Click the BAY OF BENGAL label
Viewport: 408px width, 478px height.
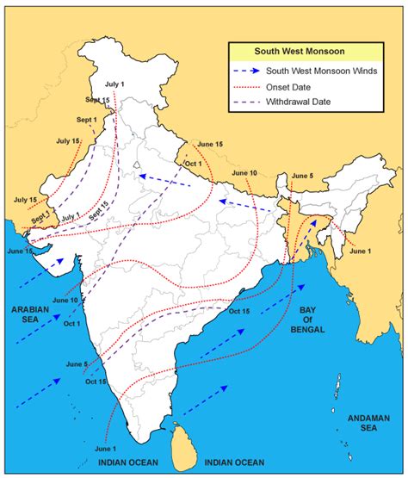(315, 319)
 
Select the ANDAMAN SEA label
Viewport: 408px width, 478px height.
(370, 423)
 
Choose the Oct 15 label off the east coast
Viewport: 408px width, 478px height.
(241, 311)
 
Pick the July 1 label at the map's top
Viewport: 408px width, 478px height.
(115, 84)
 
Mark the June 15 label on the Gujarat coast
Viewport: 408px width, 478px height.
(19, 251)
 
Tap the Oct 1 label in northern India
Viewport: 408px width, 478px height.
(194, 164)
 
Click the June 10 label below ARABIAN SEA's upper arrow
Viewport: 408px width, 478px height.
(65, 300)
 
